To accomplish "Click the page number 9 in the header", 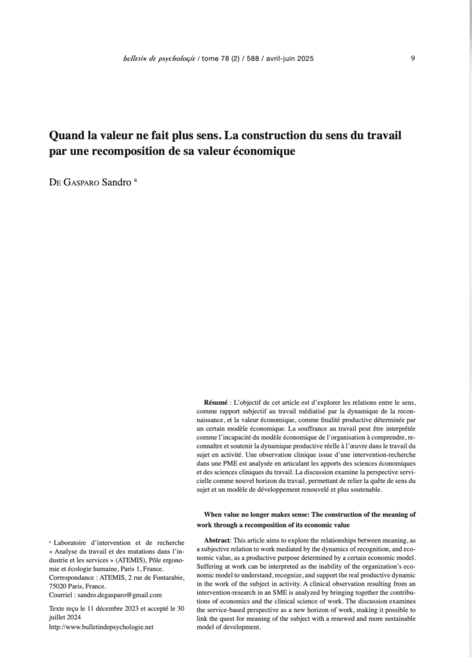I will (x=412, y=58).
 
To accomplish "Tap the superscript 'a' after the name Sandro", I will (x=135, y=180).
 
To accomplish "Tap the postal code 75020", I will (x=60, y=586).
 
